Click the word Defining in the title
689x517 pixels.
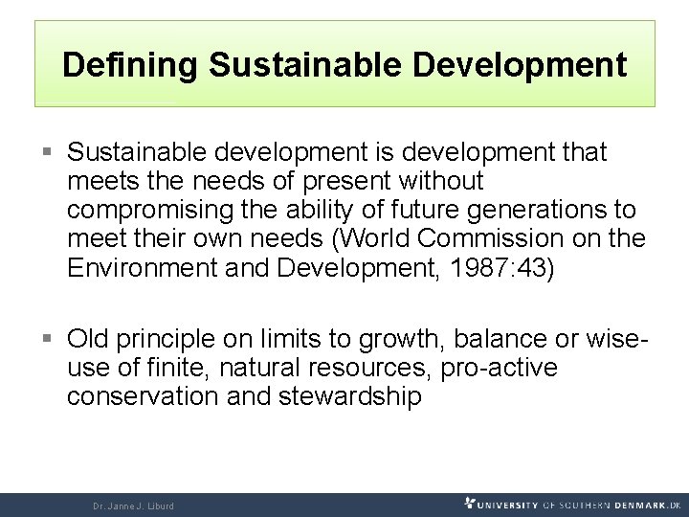[x=129, y=65]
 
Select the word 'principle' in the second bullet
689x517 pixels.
[x=170, y=339]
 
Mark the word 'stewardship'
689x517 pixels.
[x=349, y=396]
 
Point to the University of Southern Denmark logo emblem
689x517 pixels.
[x=470, y=503]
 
